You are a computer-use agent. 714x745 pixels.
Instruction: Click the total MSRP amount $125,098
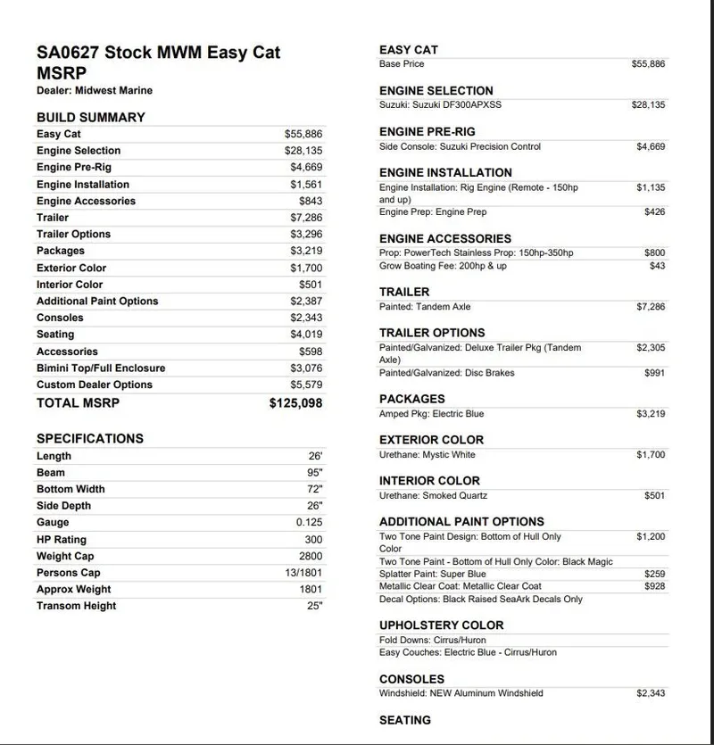[295, 403]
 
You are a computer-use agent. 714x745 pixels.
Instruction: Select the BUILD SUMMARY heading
[90, 117]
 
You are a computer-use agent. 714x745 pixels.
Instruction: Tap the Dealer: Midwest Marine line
[94, 90]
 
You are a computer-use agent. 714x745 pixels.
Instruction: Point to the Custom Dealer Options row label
[94, 385]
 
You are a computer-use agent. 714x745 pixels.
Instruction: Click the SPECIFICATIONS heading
[89, 438]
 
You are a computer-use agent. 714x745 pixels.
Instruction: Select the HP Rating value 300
[313, 540]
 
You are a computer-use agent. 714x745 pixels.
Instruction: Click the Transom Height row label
[76, 606]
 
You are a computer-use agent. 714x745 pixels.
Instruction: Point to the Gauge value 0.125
[309, 523]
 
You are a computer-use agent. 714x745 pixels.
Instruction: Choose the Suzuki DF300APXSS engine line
[440, 105]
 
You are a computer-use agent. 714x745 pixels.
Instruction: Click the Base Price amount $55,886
[648, 64]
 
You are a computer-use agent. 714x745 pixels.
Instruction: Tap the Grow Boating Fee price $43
[657, 266]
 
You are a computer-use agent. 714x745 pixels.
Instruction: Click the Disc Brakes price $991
[654, 373]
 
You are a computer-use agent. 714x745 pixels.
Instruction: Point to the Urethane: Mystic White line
[427, 455]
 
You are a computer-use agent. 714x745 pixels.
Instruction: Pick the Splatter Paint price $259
[654, 574]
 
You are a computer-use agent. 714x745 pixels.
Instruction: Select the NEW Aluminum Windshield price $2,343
[651, 692]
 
